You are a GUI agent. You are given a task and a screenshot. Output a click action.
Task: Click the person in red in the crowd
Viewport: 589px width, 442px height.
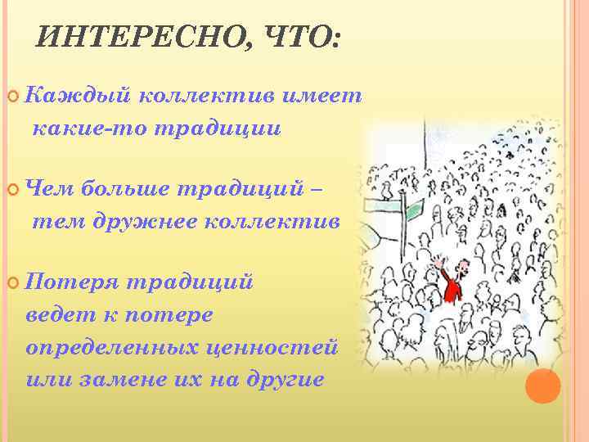pos(450,282)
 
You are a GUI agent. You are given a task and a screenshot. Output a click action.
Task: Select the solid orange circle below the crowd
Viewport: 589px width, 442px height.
pos(542,386)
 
